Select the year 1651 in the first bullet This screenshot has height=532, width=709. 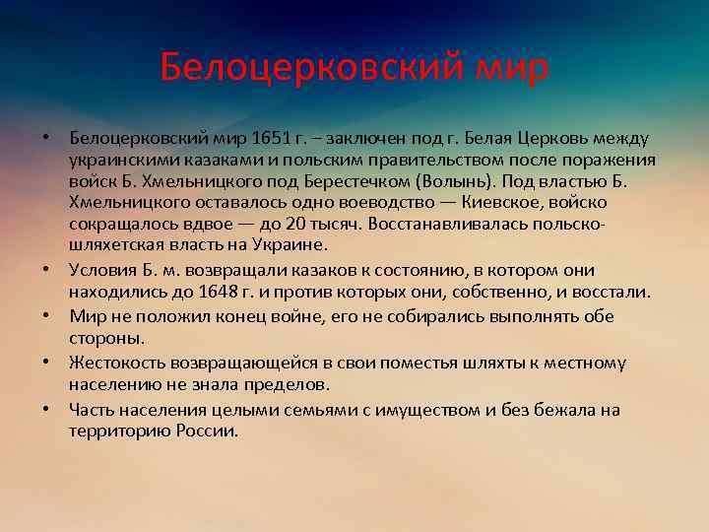tap(273, 139)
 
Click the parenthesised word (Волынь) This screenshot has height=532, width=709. tap(456, 182)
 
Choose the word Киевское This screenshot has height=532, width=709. tap(506, 204)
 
